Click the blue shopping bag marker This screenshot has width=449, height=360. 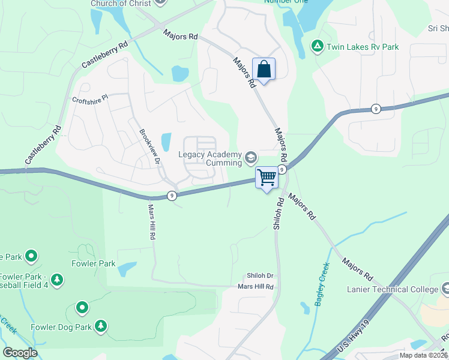(x=264, y=70)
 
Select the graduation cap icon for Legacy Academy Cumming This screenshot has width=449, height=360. (x=251, y=158)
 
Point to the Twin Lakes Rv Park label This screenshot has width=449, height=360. (x=363, y=47)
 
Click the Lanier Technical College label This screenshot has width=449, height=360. (x=393, y=289)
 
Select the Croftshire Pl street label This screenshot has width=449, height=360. (x=89, y=98)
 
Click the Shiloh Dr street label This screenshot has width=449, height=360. (x=260, y=276)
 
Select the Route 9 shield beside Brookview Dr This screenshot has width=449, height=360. (x=172, y=196)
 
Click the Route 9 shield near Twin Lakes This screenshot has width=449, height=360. (x=375, y=109)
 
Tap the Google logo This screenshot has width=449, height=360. (x=19, y=352)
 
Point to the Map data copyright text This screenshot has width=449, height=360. (x=424, y=355)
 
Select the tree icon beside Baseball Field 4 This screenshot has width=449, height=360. (x=57, y=280)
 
